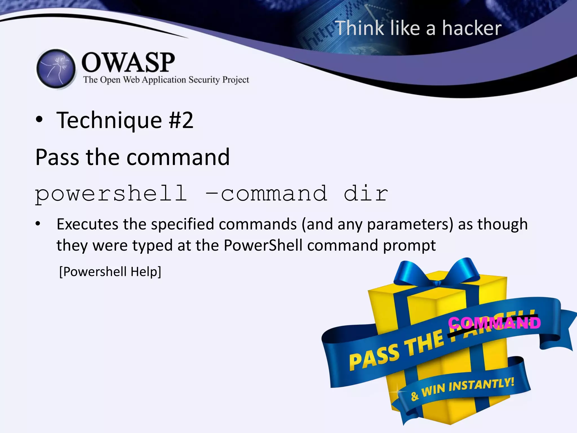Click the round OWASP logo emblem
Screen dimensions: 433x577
tap(56, 69)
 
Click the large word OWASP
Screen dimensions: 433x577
tap(128, 62)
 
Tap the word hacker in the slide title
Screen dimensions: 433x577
tap(472, 28)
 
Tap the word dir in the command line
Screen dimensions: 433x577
tap(366, 194)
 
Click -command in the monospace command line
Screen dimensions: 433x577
tap(267, 194)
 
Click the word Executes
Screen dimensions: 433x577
tap(87, 224)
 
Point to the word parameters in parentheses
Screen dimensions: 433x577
tap(410, 224)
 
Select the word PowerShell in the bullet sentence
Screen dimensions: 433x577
tap(263, 245)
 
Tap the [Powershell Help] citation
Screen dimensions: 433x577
tap(110, 272)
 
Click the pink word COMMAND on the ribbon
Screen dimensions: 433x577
tap(494, 323)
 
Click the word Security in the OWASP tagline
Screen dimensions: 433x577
tap(204, 80)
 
